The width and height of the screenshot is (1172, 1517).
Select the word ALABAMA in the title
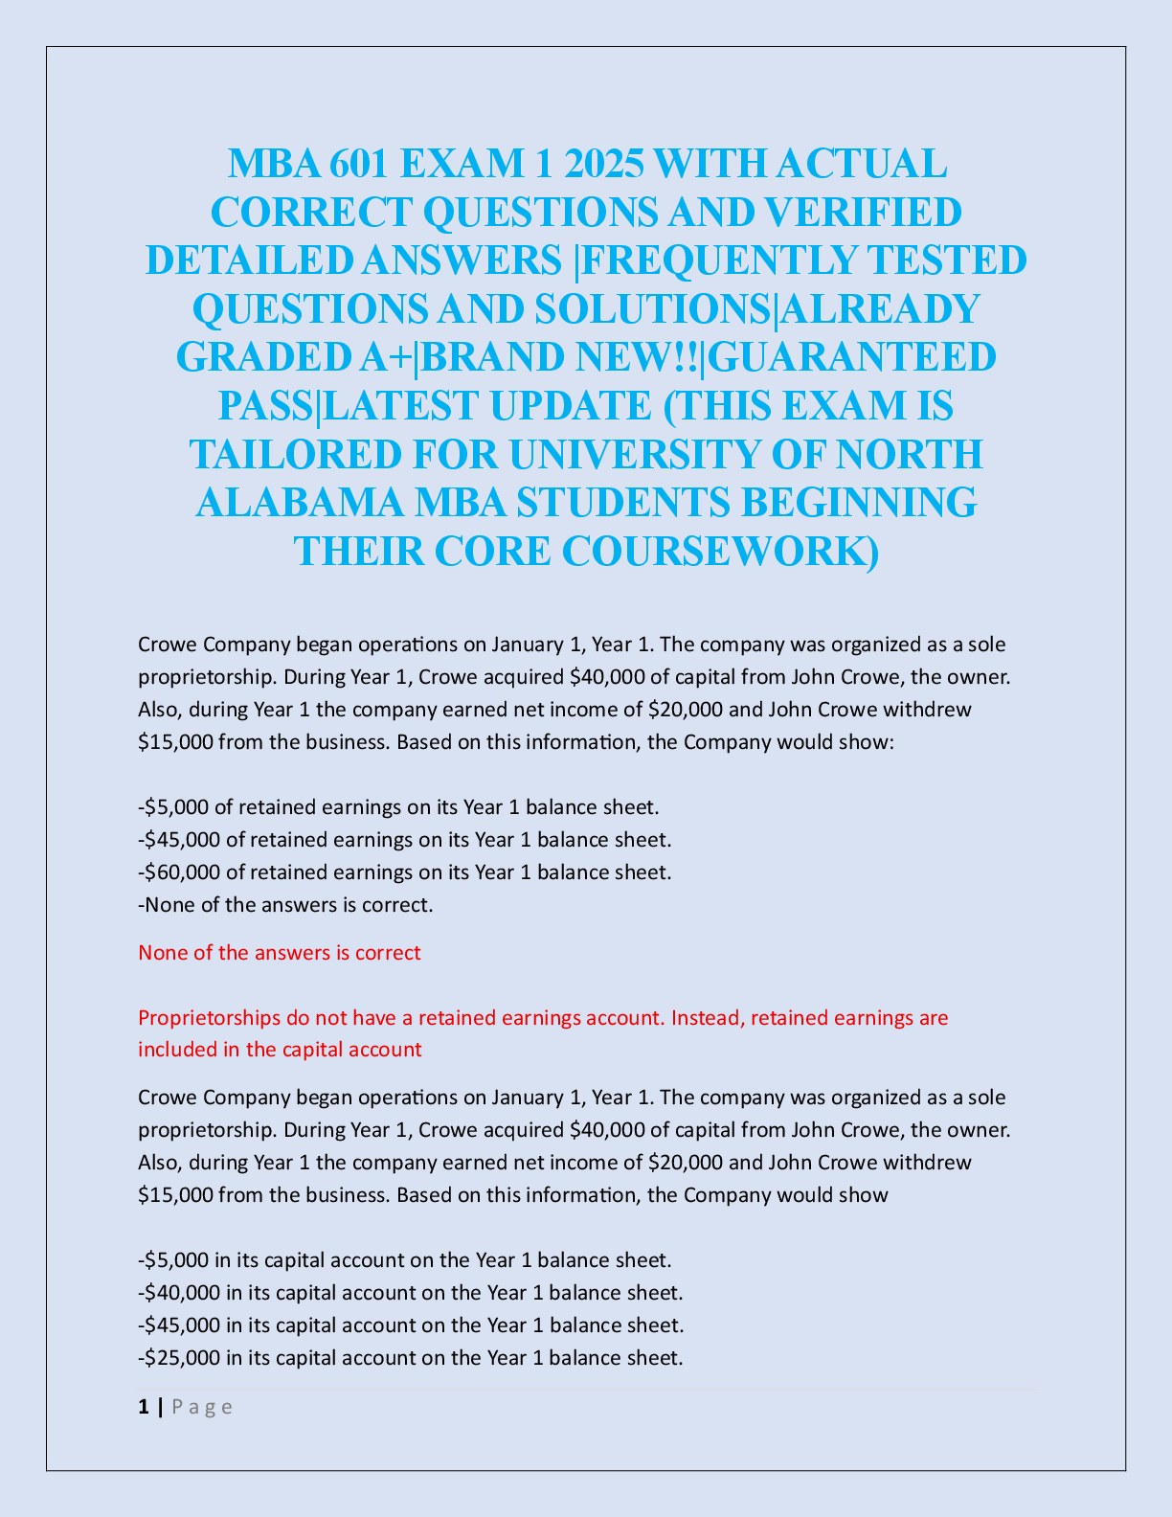(296, 503)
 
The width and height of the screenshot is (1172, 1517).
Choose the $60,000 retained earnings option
(404, 872)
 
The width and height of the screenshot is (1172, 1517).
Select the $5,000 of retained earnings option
(398, 807)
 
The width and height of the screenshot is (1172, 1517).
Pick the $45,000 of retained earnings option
(404, 840)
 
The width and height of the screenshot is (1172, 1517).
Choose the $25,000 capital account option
(410, 1357)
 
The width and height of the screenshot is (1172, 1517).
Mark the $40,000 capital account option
(410, 1292)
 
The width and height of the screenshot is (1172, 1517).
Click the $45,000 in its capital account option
(410, 1325)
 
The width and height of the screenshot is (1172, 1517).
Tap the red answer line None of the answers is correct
(279, 953)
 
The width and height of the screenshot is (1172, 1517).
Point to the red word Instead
(704, 1018)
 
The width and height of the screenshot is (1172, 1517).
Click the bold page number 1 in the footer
(144, 1407)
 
